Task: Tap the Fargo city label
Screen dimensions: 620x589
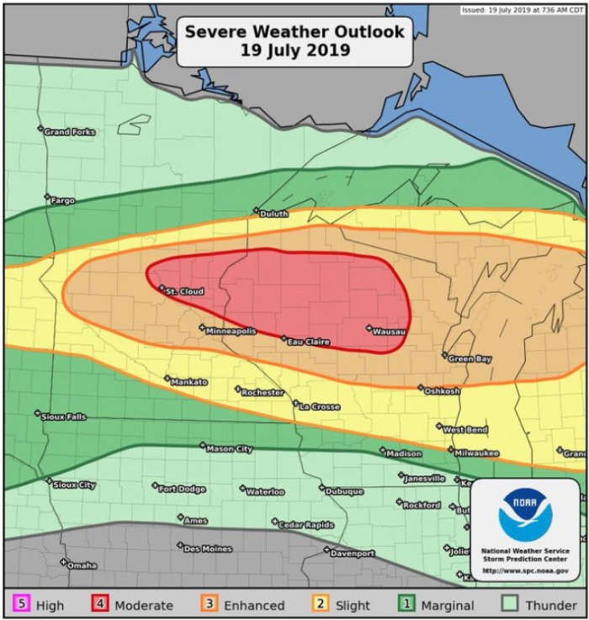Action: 63,201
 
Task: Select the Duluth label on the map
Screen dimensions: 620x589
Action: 273,215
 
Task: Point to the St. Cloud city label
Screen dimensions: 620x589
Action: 183,292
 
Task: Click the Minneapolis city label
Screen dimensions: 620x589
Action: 231,331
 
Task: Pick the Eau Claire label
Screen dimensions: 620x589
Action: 308,342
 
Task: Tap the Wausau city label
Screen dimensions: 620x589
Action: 390,331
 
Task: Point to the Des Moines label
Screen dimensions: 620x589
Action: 207,549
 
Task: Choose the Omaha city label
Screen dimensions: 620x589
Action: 82,565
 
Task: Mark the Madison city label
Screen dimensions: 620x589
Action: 404,453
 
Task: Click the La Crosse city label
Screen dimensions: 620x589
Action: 320,407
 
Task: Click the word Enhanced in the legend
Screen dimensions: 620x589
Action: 255,606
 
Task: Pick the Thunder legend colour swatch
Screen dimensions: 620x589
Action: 510,605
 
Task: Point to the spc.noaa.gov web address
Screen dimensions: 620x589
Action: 524,571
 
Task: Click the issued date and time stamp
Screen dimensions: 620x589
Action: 523,9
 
